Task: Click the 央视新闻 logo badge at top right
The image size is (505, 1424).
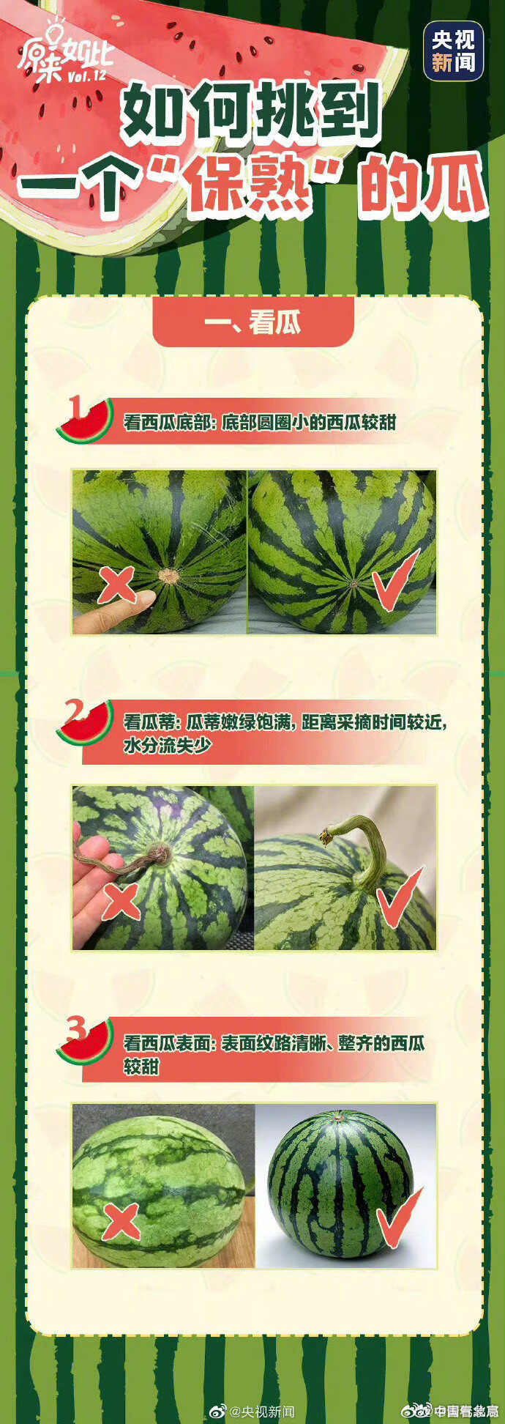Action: (x=453, y=51)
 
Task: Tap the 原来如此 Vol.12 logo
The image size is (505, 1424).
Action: (x=66, y=55)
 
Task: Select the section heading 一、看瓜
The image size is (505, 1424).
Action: (x=253, y=322)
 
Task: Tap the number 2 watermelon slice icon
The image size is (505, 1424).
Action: (x=84, y=722)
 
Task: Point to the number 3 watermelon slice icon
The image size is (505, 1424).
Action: (x=84, y=1039)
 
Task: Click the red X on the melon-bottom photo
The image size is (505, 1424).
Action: (x=116, y=585)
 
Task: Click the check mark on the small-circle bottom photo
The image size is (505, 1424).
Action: (x=395, y=579)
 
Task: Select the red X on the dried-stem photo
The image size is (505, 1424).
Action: (x=121, y=902)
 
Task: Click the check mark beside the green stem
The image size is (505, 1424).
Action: (x=399, y=897)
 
